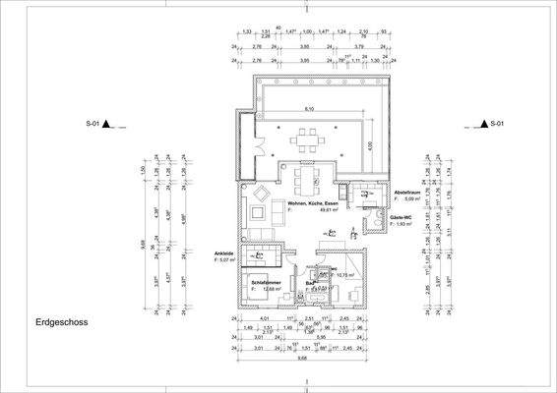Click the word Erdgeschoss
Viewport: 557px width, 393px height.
pyautogui.click(x=62, y=321)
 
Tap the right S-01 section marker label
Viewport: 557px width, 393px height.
pyautogui.click(x=498, y=124)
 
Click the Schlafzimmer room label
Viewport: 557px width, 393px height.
pyautogui.click(x=269, y=281)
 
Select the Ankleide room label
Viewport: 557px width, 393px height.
pyautogui.click(x=224, y=253)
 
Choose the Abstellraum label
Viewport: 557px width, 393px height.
pyautogui.click(x=408, y=192)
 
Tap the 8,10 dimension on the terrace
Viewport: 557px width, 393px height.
pyautogui.click(x=309, y=108)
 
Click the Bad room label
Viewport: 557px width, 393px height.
pyautogui.click(x=309, y=284)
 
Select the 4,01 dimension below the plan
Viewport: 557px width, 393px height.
pyautogui.click(x=264, y=319)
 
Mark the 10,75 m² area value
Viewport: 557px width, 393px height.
pyautogui.click(x=345, y=275)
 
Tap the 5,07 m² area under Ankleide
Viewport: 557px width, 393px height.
pyautogui.click(x=226, y=260)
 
